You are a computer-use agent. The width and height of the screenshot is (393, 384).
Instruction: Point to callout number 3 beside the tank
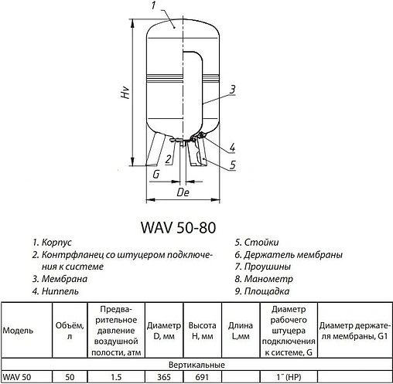tap(231, 90)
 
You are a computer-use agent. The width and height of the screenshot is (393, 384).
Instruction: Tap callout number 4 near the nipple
tap(231, 148)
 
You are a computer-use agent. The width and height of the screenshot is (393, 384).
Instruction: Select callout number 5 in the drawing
tap(231, 164)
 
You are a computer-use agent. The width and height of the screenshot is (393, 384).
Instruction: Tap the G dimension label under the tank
tap(156, 176)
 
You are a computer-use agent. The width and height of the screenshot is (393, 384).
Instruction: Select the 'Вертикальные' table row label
tap(196, 363)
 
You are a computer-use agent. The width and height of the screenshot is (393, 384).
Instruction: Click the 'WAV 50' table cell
tap(16, 376)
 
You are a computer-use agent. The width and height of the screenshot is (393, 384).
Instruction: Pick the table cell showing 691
tap(201, 376)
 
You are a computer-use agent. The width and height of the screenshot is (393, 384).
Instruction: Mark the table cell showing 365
tap(163, 376)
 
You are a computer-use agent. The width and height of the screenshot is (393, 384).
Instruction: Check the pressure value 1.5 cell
tap(117, 376)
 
